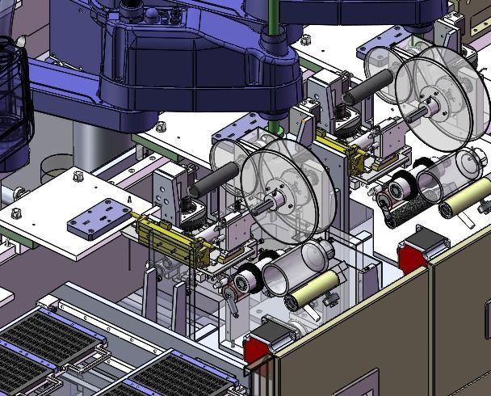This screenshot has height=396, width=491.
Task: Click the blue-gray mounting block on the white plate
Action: (98, 216)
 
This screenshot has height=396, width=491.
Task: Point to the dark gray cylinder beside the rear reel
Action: (370, 87)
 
